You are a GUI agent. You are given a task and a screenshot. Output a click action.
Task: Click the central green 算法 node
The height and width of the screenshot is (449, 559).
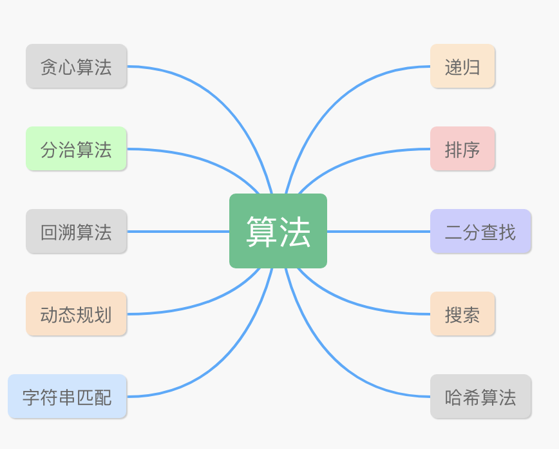coord(278,231)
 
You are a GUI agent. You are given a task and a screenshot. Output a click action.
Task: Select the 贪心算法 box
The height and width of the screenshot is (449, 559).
coord(76,66)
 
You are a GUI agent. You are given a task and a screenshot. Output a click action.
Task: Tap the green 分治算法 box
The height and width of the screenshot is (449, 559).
coord(76,149)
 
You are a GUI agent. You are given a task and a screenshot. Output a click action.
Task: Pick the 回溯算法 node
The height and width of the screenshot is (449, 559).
coord(76,232)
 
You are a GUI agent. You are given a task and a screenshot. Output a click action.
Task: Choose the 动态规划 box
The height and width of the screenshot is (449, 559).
coord(76,314)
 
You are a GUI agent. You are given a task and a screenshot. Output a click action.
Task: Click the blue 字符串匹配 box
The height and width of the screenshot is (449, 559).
coord(67,397)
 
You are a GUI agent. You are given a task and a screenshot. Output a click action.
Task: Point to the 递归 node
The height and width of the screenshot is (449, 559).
coord(462,66)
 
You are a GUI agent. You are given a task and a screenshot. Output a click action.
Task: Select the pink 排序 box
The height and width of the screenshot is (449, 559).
coord(462,149)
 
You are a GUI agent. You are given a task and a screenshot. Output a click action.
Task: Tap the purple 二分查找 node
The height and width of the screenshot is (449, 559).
coord(480,232)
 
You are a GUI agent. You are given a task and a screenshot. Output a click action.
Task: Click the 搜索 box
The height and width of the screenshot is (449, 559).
coord(462,314)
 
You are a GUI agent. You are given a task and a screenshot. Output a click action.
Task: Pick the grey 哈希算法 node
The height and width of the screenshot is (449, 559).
coord(480,397)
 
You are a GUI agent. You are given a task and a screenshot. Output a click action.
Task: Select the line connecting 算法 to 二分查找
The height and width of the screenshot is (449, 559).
coord(379,232)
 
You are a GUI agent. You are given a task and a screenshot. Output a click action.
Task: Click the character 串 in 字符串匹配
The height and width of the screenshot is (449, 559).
coord(67,397)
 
